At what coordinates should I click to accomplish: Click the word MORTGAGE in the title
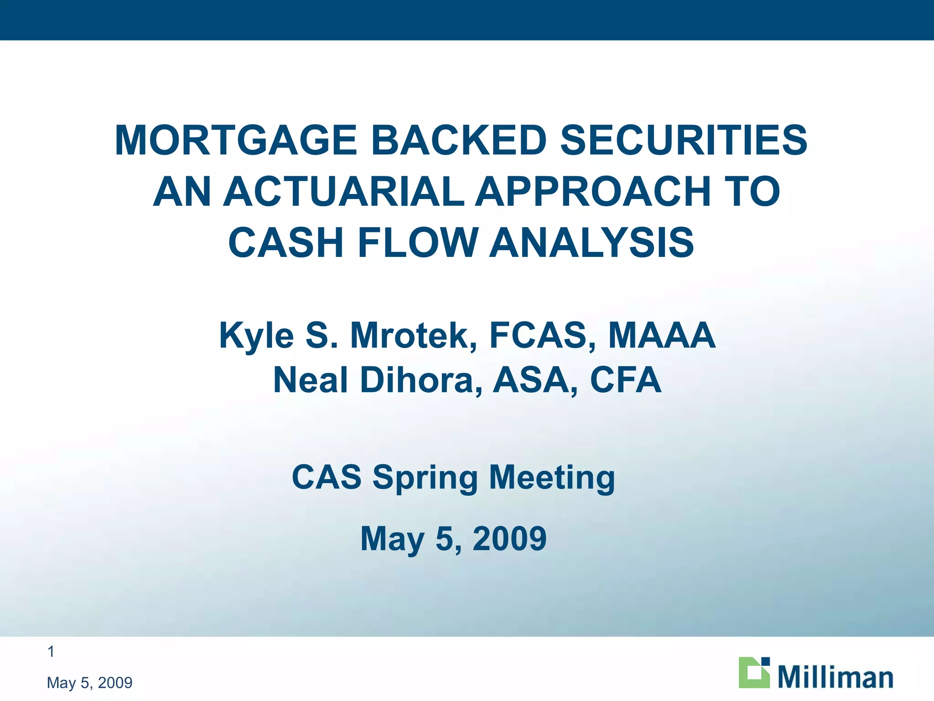(235, 141)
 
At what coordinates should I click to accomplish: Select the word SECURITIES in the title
(684, 141)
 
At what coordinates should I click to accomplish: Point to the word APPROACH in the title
(592, 192)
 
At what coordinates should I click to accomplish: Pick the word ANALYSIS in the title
(592, 243)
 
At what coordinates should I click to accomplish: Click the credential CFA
(625, 380)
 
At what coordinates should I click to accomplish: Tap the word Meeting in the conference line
(552, 478)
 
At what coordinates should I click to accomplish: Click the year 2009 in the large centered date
(509, 539)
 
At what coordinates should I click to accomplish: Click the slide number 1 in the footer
(51, 652)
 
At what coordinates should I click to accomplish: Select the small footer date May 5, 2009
(89, 683)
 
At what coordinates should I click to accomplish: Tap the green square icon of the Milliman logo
(754, 673)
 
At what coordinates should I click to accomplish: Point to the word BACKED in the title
(459, 141)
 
